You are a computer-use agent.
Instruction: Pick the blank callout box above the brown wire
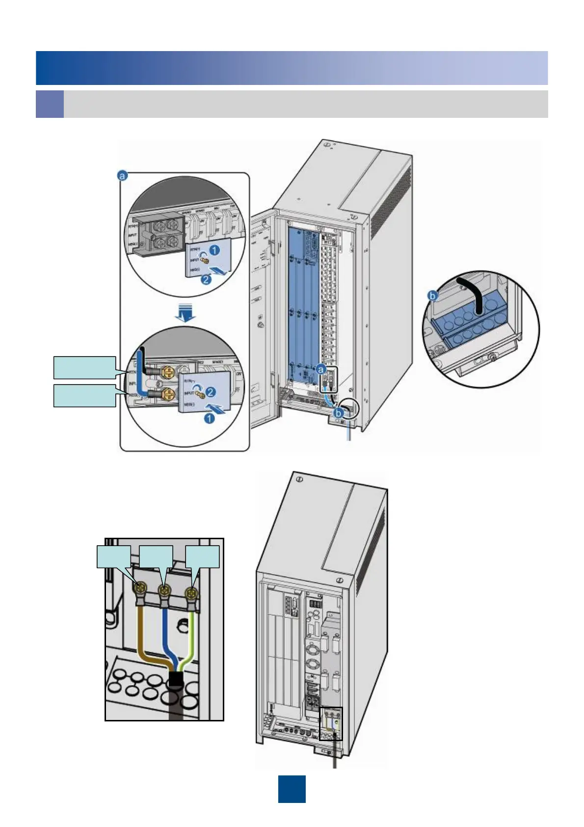click(x=114, y=556)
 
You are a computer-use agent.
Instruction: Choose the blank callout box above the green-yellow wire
click(x=202, y=556)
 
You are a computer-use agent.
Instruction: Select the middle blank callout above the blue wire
click(x=156, y=556)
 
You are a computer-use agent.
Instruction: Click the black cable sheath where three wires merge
click(x=175, y=681)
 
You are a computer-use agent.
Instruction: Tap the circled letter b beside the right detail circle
click(x=433, y=296)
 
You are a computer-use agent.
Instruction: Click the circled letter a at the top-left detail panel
click(x=123, y=175)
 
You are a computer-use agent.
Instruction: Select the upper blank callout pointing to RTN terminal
click(x=84, y=368)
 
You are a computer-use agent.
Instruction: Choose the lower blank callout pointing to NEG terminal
click(x=84, y=396)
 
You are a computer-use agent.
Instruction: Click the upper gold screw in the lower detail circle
click(x=168, y=373)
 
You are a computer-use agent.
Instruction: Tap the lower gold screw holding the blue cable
click(x=168, y=393)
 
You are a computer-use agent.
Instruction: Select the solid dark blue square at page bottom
click(x=292, y=789)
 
